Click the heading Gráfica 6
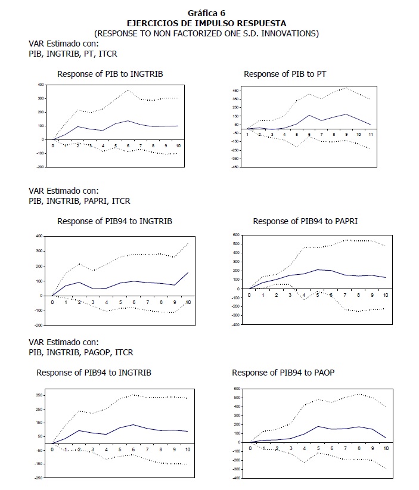pos(206,13)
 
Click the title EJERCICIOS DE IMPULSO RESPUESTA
pos(206,23)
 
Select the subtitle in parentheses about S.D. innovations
pos(206,33)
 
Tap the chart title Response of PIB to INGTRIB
pos(110,74)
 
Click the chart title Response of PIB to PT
pos(285,74)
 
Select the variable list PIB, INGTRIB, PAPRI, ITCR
pos(79,201)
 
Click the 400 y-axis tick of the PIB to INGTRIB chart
pos(41,85)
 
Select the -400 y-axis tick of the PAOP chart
pos(237,477)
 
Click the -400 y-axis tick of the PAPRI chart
pos(237,325)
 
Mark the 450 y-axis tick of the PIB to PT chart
pos(237,91)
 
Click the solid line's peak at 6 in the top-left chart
pos(128,121)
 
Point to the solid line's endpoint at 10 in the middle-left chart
pos(187,272)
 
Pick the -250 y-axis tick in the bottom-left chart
pos(40,477)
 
